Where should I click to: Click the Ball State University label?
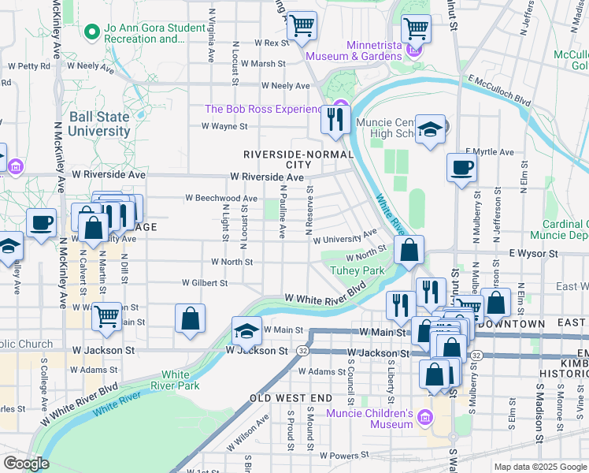pos(98,124)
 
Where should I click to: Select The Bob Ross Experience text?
pos(264,109)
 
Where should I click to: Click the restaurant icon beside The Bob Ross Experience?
pos(335,119)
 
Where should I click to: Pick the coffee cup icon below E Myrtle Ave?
pos(461,167)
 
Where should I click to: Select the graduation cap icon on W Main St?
pos(246,331)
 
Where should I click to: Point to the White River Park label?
pos(180,380)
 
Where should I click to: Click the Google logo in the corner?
pos(26,464)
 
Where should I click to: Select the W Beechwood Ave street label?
pos(221,199)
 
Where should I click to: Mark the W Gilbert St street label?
pos(205,282)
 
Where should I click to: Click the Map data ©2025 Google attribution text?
pos(539,467)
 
